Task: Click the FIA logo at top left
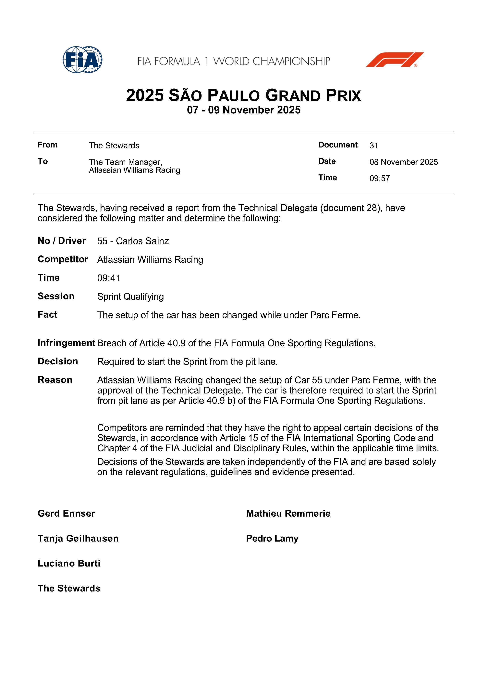point(82,60)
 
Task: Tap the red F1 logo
point(395,60)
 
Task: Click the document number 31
point(374,146)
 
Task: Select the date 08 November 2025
point(404,162)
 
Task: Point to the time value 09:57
point(379,179)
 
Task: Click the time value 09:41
point(109,278)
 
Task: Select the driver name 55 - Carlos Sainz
point(133,241)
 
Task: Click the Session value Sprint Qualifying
point(130,297)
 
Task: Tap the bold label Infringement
point(67,343)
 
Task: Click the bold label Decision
point(58,361)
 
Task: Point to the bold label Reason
point(55,380)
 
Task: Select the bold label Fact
point(47,315)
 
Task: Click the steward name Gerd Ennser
point(66,513)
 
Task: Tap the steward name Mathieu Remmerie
point(288,513)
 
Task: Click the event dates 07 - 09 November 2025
point(244,110)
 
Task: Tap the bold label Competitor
point(63,259)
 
